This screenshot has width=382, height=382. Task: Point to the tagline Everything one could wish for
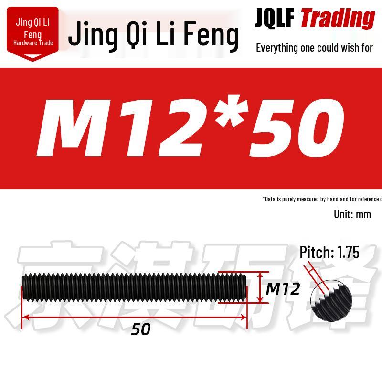pyautogui.click(x=314, y=47)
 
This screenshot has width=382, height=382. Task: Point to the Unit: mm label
pyautogui.click(x=352, y=214)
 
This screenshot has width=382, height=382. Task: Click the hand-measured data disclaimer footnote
pyautogui.click(x=322, y=199)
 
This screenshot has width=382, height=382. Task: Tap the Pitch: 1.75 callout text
pyautogui.click(x=329, y=253)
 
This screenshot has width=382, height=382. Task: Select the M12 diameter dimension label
pyautogui.click(x=282, y=288)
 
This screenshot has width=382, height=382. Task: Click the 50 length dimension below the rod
pyautogui.click(x=142, y=329)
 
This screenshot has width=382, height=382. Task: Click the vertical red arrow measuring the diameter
pyautogui.click(x=260, y=287)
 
